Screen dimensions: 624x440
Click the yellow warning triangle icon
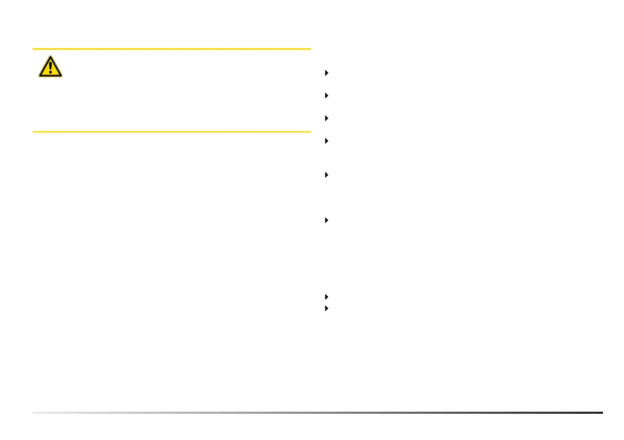[x=50, y=67]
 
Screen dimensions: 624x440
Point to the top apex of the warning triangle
[x=50, y=56]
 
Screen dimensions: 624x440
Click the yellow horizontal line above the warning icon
[x=171, y=49]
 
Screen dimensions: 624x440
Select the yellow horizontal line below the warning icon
[x=171, y=131]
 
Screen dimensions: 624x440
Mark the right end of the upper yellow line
[x=310, y=49]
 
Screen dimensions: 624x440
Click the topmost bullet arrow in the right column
[x=326, y=73]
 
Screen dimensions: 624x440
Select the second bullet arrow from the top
[x=326, y=96]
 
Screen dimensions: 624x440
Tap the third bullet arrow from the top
[x=326, y=119]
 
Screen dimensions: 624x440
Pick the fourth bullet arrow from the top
[x=326, y=141]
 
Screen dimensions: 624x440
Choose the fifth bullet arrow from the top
[x=326, y=175]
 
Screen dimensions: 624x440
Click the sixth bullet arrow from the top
[x=326, y=220]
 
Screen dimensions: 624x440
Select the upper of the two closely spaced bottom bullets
[x=326, y=297]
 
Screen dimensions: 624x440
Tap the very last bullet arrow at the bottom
[x=326, y=308]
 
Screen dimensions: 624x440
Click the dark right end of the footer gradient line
[x=601, y=413]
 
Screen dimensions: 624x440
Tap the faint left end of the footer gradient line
[x=35, y=413]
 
